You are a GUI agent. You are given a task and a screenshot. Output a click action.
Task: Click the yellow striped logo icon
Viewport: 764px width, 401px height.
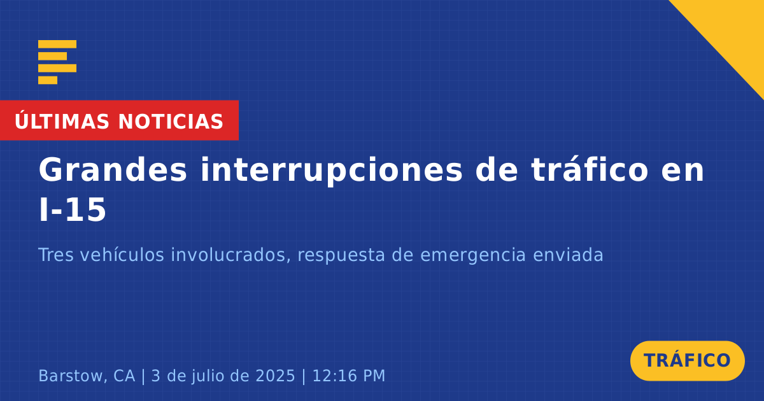[x=57, y=62]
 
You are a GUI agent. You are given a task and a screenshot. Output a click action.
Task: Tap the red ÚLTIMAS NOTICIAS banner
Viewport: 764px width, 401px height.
[x=120, y=120]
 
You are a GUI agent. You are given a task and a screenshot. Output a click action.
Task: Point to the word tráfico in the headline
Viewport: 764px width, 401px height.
[x=590, y=169]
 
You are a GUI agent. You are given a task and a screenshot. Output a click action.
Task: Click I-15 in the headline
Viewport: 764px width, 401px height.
[x=73, y=209]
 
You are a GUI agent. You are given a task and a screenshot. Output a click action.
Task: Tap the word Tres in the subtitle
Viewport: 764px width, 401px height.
[x=56, y=255]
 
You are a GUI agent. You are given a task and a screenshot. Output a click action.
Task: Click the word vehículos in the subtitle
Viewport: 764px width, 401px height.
[x=122, y=255]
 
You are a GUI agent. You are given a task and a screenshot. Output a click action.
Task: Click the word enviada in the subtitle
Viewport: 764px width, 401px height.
[x=568, y=255]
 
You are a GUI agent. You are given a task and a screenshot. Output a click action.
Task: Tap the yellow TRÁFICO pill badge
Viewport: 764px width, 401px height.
[x=687, y=361]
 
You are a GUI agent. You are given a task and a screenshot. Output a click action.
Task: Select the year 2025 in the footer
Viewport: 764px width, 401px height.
[x=275, y=376]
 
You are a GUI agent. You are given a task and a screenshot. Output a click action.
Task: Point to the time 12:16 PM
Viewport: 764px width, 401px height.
[x=349, y=376]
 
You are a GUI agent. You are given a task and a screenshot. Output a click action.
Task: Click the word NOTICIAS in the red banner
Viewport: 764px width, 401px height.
[x=171, y=122]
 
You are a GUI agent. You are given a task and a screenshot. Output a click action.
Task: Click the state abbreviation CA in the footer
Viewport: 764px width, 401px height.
[x=124, y=376]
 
